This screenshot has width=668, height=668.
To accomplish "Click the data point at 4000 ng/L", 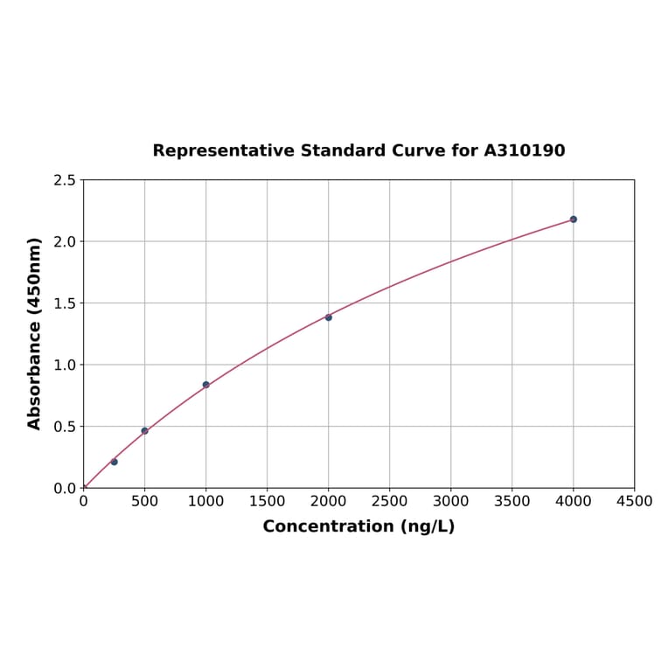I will [573, 219].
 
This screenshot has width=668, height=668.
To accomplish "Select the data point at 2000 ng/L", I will [328, 317].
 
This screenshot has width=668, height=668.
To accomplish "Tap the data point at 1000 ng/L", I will [205, 385].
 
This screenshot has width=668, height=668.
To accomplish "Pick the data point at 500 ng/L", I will [144, 431].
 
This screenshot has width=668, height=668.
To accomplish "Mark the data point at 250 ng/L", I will [114, 462].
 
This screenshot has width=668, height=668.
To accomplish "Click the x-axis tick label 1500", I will [267, 502].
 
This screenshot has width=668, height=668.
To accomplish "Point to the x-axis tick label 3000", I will [450, 502].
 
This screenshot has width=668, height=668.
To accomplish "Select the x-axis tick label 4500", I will [634, 502].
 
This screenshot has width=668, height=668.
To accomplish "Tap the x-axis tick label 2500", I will [389, 502].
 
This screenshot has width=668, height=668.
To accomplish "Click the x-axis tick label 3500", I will [511, 502].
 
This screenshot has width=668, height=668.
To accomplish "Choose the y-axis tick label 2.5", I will [65, 180].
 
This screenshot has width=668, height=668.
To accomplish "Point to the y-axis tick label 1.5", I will [65, 303].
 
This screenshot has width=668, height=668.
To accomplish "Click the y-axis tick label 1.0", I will [65, 365].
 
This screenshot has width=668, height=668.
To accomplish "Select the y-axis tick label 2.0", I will [65, 241].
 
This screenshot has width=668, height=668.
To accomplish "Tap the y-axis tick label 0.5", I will [65, 427].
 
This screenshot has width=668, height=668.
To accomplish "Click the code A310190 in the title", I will [524, 151].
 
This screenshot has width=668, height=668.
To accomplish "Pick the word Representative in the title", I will [223, 151].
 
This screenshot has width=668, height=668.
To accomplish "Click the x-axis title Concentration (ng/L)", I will [358, 526].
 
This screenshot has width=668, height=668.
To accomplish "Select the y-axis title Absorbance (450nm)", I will [35, 333].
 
